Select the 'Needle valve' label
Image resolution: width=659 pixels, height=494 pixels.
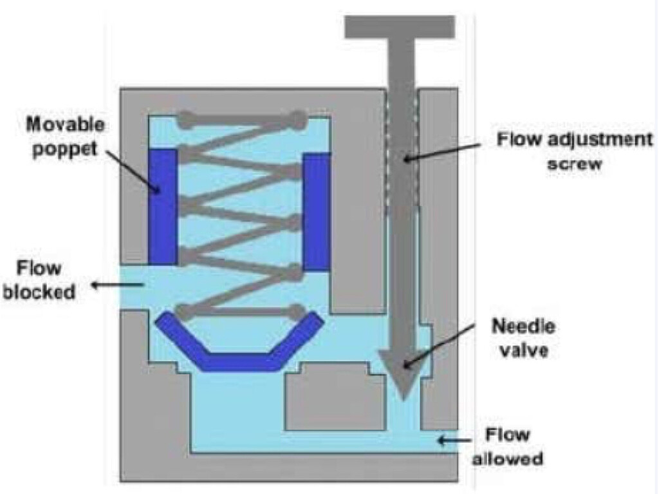coord(523,337)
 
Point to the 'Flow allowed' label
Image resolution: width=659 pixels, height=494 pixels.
coord(508,446)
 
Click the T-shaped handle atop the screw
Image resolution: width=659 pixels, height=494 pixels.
coord(400,26)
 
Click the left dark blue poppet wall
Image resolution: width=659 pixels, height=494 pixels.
coord(162,207)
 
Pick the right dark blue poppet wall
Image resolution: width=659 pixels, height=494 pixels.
coord(317,211)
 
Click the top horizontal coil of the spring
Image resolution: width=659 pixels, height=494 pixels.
coord(241,119)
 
